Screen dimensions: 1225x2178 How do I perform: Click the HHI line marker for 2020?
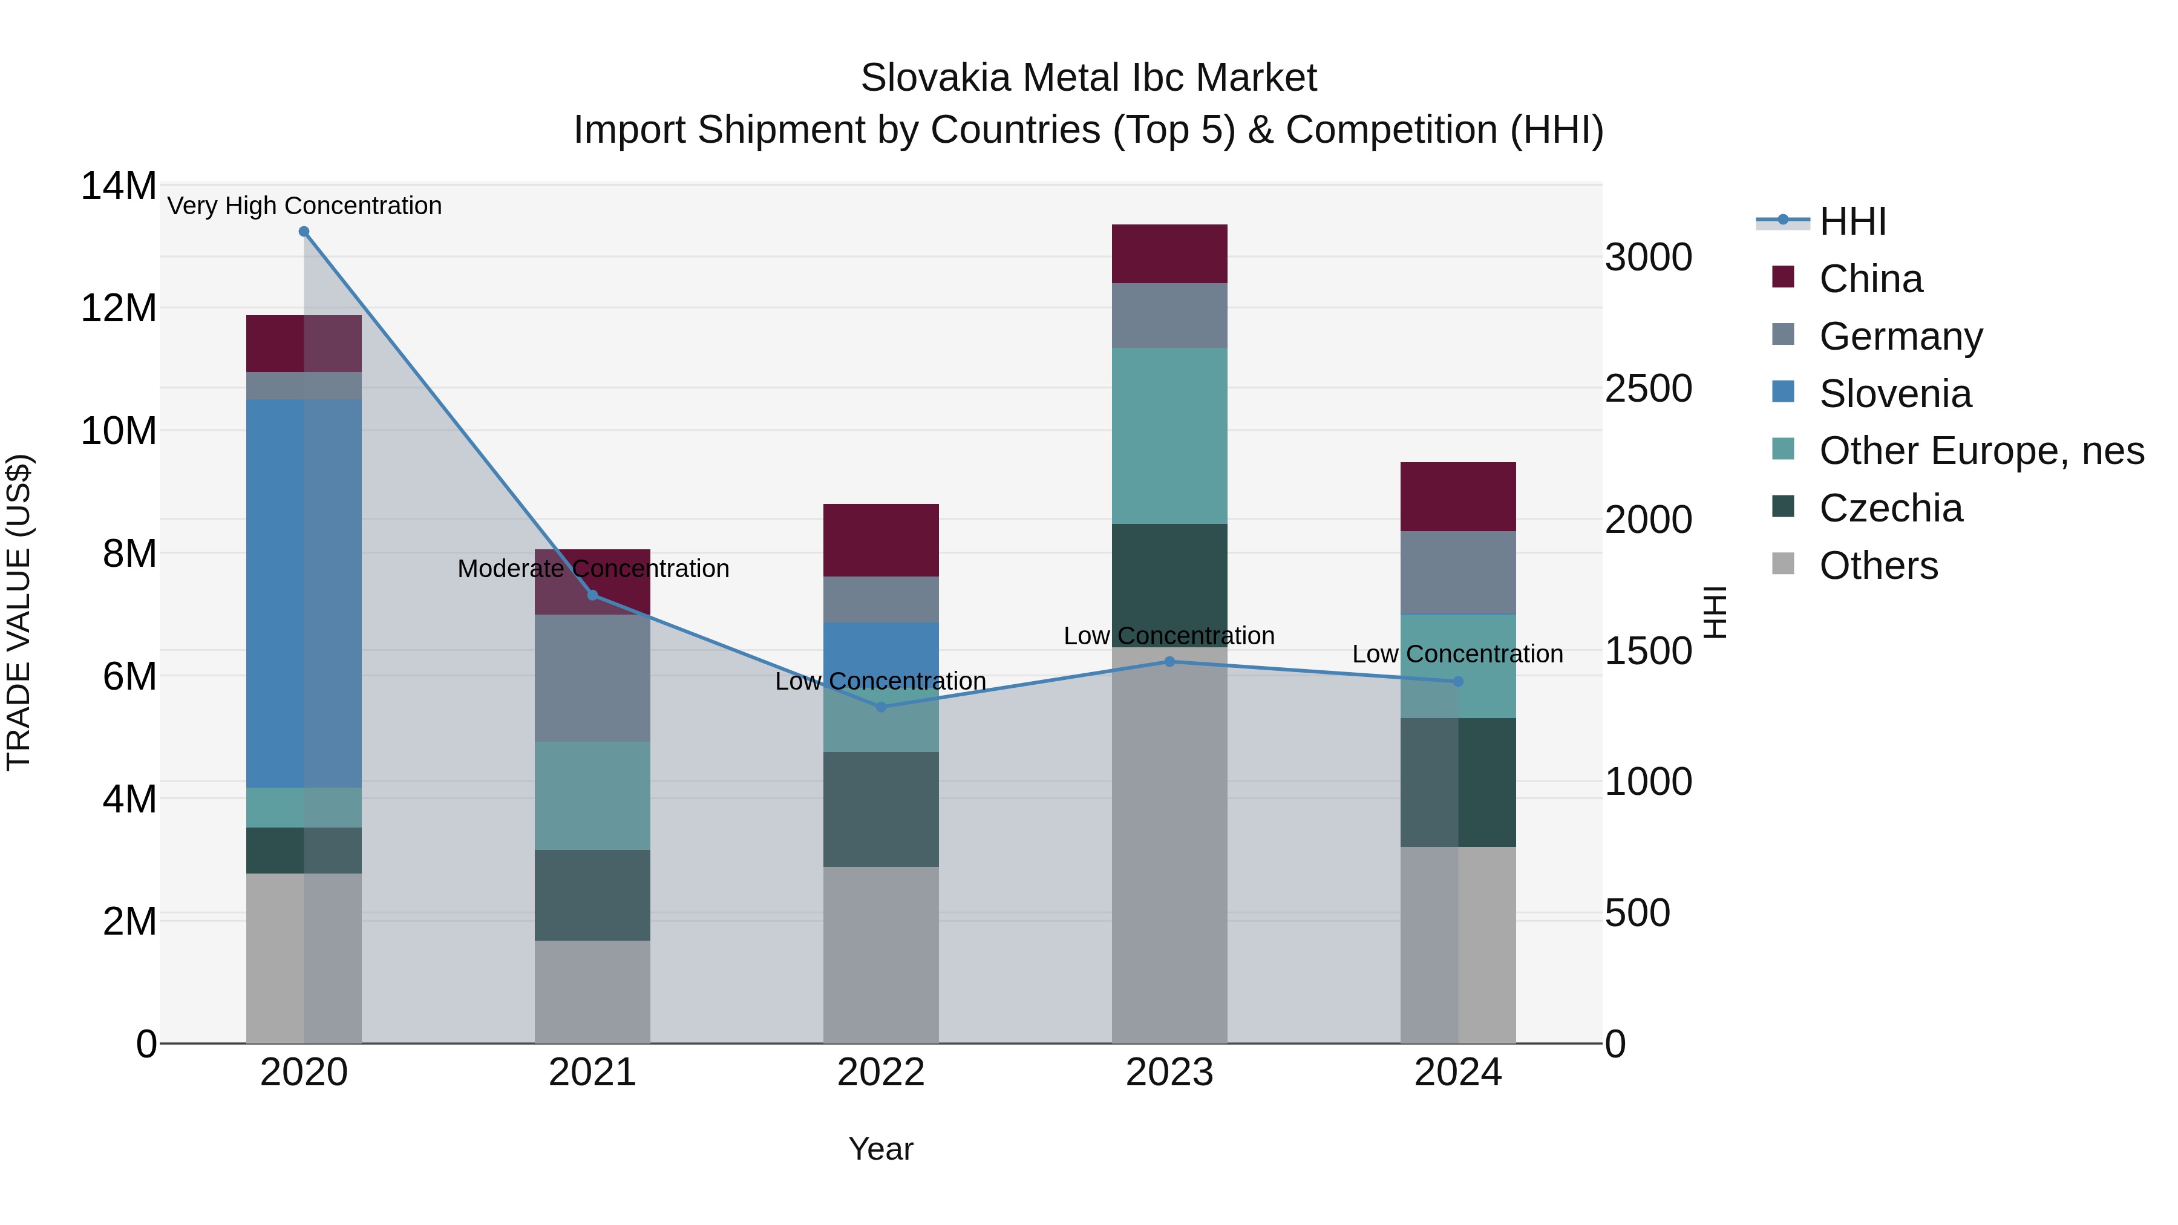[x=304, y=232]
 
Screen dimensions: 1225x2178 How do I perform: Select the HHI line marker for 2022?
[x=881, y=707]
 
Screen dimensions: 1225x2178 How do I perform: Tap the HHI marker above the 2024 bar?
[x=1457, y=681]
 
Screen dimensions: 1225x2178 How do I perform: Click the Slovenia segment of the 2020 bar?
[x=304, y=592]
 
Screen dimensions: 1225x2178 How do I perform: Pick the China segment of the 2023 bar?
[x=1169, y=253]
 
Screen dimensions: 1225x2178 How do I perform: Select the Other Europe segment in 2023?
[x=1169, y=436]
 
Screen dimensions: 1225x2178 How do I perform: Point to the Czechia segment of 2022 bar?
[x=881, y=809]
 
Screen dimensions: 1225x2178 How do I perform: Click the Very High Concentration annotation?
[x=304, y=206]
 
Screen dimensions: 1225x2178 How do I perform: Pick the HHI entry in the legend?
[x=1853, y=221]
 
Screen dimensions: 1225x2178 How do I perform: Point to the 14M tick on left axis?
[x=119, y=186]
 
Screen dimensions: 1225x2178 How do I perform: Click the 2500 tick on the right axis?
[x=1649, y=389]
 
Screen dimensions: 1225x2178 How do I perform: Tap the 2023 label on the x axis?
[x=1169, y=1073]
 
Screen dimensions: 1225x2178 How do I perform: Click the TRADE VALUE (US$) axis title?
[x=19, y=613]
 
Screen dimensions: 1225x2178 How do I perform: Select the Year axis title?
[x=881, y=1149]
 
